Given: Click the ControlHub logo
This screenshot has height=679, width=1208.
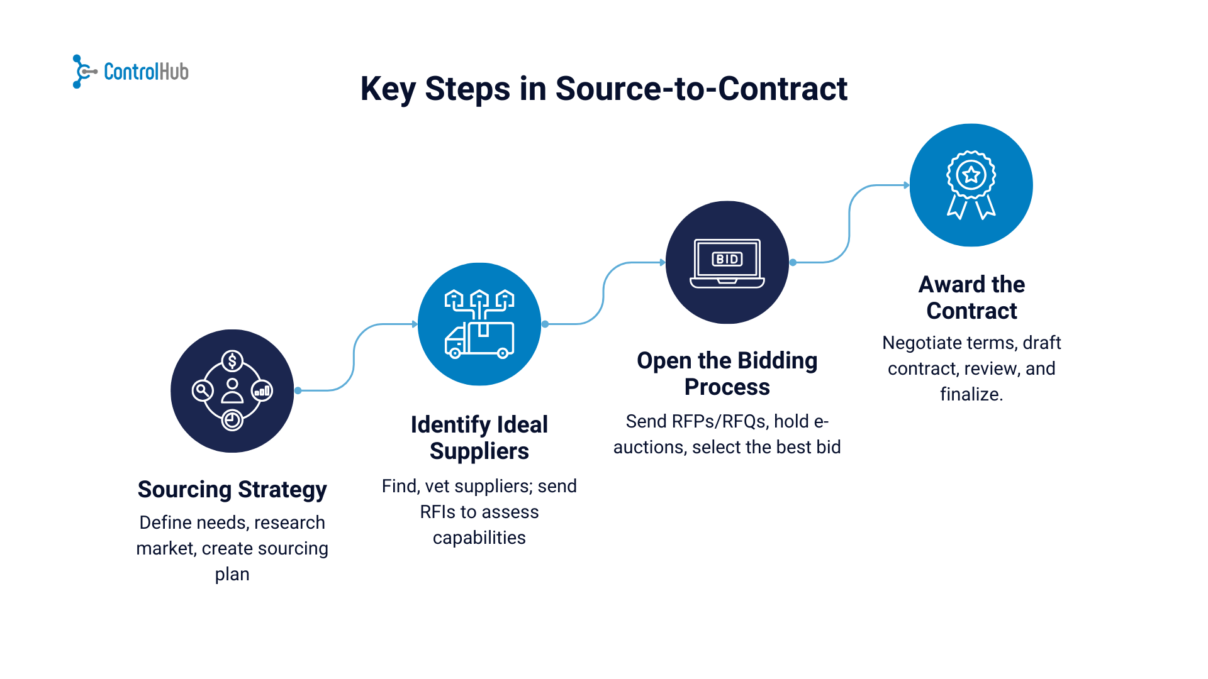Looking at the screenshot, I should [x=131, y=72].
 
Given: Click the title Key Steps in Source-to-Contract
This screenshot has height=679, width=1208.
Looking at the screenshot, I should [x=603, y=89].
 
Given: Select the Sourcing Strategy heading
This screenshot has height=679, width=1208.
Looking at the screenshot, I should [x=232, y=489].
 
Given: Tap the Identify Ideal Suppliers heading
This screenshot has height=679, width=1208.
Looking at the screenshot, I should [x=479, y=438].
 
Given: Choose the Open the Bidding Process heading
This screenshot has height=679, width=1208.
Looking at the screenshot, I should [x=727, y=373].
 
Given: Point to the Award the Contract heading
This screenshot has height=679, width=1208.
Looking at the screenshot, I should [x=971, y=297].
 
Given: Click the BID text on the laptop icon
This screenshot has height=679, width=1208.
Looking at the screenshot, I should [x=727, y=259].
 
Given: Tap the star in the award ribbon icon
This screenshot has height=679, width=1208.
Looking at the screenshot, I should [x=971, y=175].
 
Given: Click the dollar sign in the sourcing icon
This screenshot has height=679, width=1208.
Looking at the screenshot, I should [x=232, y=361].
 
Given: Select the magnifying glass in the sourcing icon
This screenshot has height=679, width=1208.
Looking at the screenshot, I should [x=202, y=390].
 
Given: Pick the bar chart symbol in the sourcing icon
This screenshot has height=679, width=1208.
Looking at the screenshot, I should [x=262, y=391].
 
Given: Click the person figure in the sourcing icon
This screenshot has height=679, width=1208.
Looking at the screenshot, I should [x=232, y=390].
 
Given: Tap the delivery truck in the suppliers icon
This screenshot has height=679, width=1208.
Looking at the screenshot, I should [x=479, y=340].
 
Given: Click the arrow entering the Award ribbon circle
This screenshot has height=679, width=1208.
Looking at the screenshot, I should [x=905, y=185].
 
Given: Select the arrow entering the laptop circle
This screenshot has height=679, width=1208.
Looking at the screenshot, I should [x=661, y=262].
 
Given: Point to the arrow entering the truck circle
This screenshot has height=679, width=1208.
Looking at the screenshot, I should [x=414, y=324].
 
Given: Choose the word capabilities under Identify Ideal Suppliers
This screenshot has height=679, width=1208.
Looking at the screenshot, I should [x=479, y=538].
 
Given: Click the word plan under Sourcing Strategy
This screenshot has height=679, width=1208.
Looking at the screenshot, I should [x=232, y=574].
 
